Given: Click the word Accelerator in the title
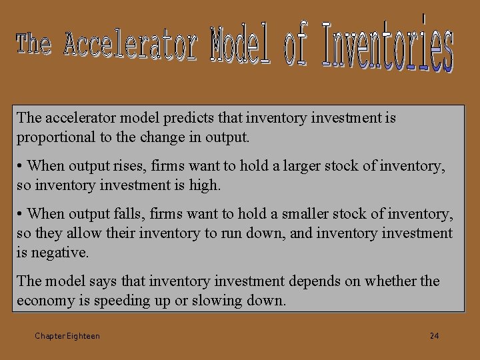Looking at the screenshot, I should pos(131,45).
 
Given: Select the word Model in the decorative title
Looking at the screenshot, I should pos(241,45).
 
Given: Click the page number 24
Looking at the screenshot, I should pos(434,335).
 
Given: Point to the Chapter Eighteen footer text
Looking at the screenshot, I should pos(67,336).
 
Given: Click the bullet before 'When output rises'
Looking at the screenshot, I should pos(21,166).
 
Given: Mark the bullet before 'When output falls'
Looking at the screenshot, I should pos(21,214).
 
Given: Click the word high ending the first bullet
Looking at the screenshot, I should pos(204,185).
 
